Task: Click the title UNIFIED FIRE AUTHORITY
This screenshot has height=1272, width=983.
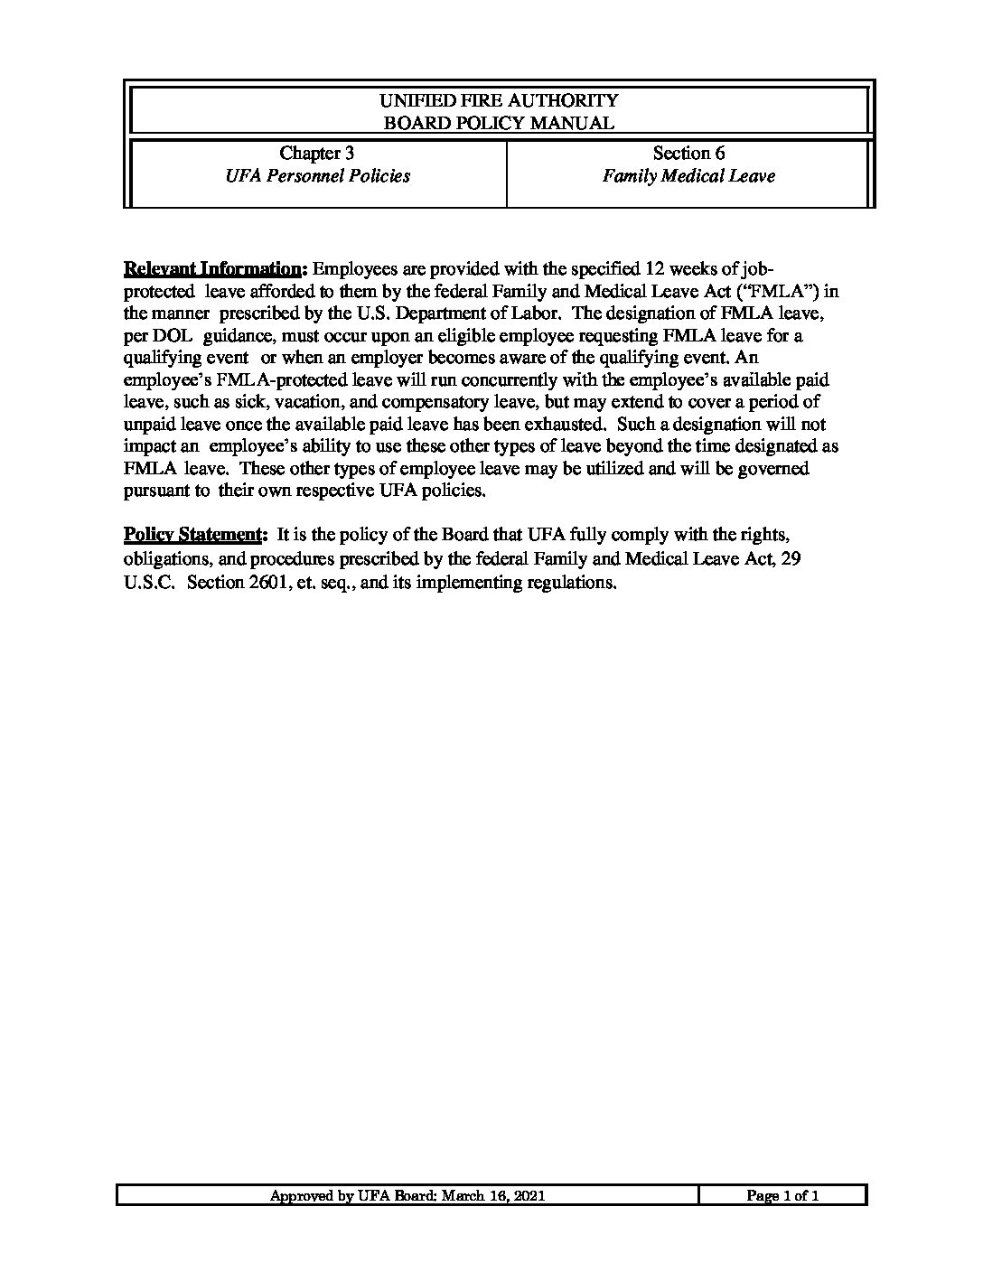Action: (499, 100)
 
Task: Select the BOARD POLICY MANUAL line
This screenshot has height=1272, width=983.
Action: (499, 123)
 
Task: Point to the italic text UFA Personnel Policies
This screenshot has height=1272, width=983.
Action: (317, 176)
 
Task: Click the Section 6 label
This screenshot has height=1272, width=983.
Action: (688, 154)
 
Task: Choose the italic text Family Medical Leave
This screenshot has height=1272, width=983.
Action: (688, 176)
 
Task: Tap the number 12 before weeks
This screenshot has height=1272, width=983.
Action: (654, 269)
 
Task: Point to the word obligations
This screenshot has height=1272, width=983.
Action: (168, 560)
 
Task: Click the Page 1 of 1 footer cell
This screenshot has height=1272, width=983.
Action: (782, 1196)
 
